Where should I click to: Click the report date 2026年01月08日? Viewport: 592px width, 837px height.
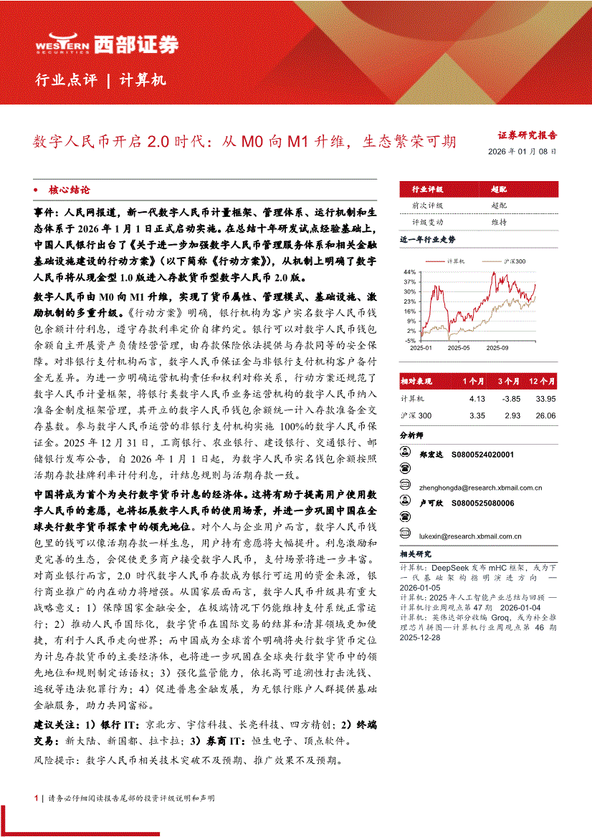pos(522,152)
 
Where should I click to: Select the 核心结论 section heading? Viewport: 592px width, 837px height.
pos(69,190)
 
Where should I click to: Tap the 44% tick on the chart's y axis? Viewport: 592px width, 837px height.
pos(409,272)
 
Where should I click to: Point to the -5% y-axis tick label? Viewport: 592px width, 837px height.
pos(410,341)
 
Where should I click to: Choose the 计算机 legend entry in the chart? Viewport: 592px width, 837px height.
pos(456,262)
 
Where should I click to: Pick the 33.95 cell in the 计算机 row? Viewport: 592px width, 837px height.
pos(545,398)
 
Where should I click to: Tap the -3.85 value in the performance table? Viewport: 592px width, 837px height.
pos(510,398)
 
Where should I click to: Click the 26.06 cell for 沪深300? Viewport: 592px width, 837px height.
pos(545,415)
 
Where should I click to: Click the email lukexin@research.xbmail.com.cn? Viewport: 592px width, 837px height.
pos(471,536)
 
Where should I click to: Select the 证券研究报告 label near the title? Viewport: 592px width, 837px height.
pos(527,135)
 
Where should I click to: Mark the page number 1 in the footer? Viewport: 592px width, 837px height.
pos(36,798)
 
